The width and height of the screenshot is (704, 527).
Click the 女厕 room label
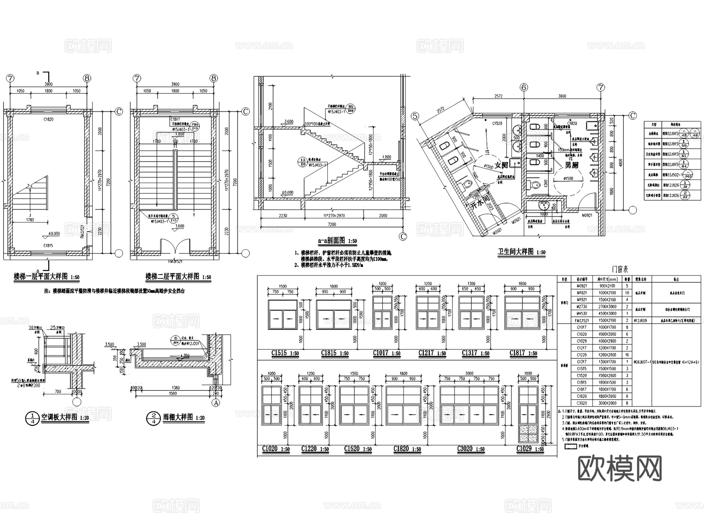click(x=501, y=165)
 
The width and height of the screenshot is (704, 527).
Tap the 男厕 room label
click(x=571, y=165)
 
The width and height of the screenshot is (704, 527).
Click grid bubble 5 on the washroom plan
click(x=415, y=116)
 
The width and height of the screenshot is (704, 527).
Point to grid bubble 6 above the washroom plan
click(x=524, y=87)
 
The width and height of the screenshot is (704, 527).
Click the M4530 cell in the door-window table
click(x=582, y=313)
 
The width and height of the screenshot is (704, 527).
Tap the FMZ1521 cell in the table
click(x=582, y=320)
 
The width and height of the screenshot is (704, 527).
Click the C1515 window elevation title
click(x=279, y=353)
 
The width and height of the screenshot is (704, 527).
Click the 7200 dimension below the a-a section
click(x=332, y=225)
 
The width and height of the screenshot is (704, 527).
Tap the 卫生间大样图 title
click(x=515, y=252)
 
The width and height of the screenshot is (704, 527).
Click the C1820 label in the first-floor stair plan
click(x=48, y=119)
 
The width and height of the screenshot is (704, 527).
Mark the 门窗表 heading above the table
click(x=620, y=270)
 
